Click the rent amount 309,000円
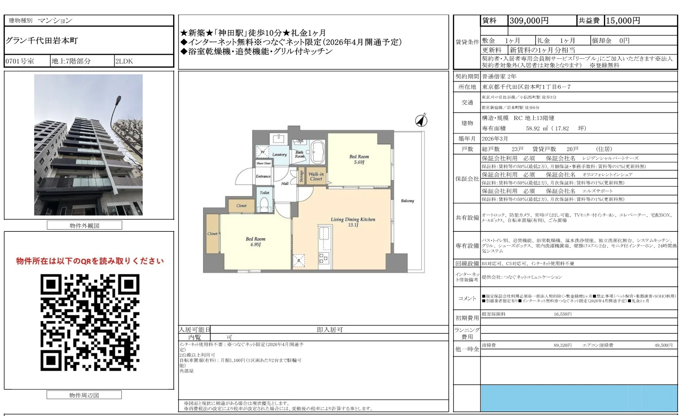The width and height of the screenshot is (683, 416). [x=529, y=21]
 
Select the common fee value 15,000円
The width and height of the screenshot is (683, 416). [x=623, y=21]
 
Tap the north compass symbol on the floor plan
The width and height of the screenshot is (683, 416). [x=421, y=120]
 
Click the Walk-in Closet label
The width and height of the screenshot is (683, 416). [x=316, y=176]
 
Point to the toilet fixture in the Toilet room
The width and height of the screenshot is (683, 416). [x=264, y=204]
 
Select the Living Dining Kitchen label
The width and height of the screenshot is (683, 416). [x=353, y=219]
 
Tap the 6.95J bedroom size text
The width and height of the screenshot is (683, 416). [x=255, y=245]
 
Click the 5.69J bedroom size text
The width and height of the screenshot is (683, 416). [x=359, y=162]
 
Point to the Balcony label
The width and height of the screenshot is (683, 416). [x=407, y=201]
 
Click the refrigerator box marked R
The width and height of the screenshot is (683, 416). [x=299, y=261]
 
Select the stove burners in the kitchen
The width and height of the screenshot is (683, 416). [x=324, y=258]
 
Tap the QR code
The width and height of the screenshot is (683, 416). [x=90, y=322]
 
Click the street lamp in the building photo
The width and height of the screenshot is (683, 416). [x=118, y=101]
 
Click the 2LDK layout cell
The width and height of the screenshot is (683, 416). [x=124, y=61]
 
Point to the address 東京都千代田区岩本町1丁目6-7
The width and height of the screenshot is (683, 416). [x=526, y=87]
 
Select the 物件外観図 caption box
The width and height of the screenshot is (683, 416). [x=84, y=225]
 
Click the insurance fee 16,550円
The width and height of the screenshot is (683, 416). [x=562, y=314]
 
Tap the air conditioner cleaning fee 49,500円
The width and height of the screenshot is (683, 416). [x=663, y=345]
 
